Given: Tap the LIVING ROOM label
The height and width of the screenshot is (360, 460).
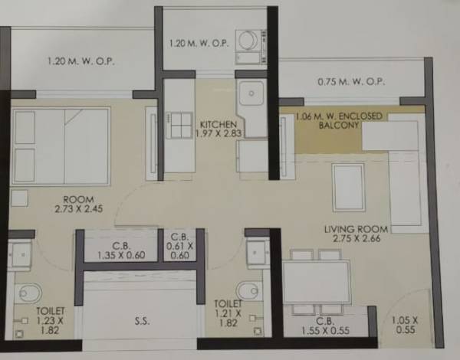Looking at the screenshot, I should click(356, 229).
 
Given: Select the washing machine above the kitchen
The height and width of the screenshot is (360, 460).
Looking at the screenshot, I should click(249, 42).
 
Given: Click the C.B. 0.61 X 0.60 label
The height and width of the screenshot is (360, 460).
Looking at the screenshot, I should click(179, 247).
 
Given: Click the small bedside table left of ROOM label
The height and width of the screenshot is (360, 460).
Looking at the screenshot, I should click(20, 198).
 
